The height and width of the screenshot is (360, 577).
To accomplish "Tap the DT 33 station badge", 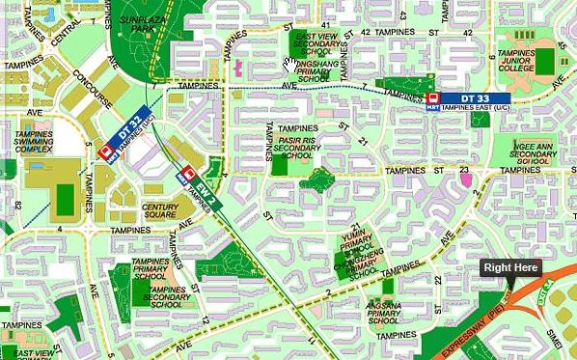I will (475, 98).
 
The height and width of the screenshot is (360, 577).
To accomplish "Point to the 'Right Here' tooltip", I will (510, 268).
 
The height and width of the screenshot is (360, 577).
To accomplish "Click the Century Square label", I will (160, 211).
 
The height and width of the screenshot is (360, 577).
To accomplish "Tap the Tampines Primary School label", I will (151, 268).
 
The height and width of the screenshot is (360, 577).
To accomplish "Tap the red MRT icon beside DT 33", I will (432, 99).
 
